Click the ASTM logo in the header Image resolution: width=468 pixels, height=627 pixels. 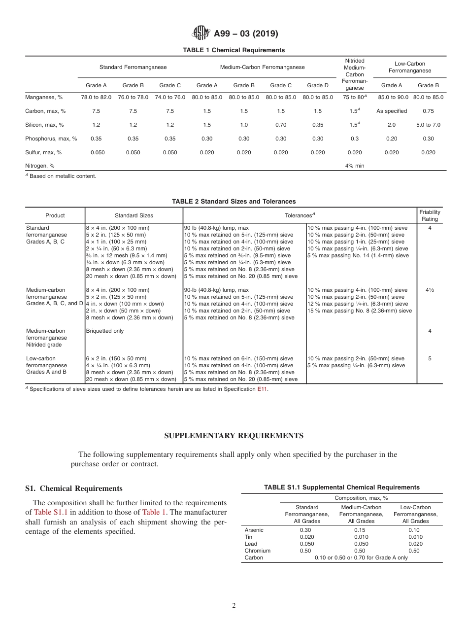pyautogui.click(x=201, y=34)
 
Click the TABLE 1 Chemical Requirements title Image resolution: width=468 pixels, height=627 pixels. pyautogui.click(x=234, y=50)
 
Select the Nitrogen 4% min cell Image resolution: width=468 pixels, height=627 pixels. pyautogui.click(x=354, y=166)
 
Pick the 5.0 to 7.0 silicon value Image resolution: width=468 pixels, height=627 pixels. pyautogui.click(x=428, y=125)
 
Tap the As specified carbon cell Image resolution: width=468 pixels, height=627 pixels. pyautogui.click(x=392, y=111)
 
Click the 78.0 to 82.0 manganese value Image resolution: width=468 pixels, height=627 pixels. pyautogui.click(x=96, y=97)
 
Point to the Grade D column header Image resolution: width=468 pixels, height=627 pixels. pyautogui.click(x=318, y=85)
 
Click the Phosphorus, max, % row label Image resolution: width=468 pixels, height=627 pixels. pyautogui.click(x=51, y=139)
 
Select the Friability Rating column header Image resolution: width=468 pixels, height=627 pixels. pyautogui.click(x=430, y=215)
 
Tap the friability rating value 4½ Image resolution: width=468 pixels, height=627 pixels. pyautogui.click(x=430, y=290)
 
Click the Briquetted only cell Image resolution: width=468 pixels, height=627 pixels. pyautogui.click(x=105, y=331)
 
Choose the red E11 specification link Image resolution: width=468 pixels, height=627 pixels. pyautogui.click(x=263, y=389)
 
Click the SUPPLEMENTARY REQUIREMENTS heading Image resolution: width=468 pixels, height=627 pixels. pyautogui.click(x=234, y=436)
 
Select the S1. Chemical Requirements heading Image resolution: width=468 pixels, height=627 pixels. pyautogui.click(x=73, y=488)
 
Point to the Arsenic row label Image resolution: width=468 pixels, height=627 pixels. pyautogui.click(x=254, y=530)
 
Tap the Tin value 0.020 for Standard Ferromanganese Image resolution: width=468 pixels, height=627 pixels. pyautogui.click(x=306, y=537)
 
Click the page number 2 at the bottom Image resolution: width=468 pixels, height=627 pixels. pyautogui.click(x=234, y=606)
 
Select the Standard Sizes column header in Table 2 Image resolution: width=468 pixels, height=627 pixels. pyautogui.click(x=134, y=215)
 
